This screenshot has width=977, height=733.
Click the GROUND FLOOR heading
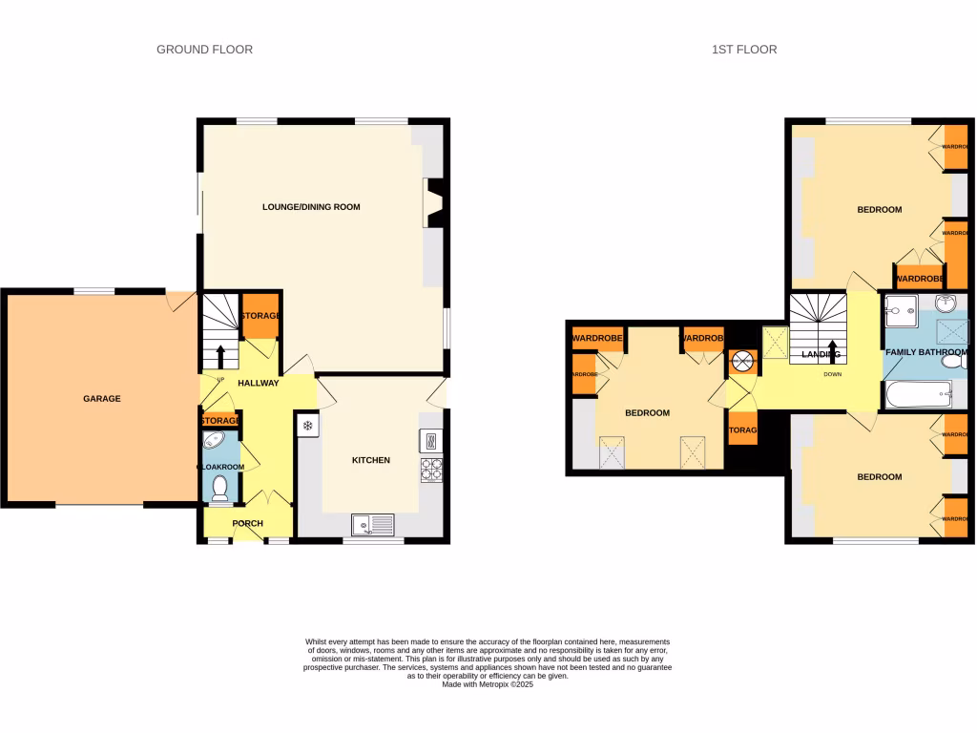(x=204, y=50)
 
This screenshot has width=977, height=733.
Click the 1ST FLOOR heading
(x=744, y=50)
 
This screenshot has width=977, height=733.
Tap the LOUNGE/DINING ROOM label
(x=311, y=207)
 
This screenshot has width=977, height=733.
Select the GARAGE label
(x=101, y=399)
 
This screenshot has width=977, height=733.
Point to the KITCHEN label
(x=371, y=460)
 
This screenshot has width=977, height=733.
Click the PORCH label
(x=248, y=523)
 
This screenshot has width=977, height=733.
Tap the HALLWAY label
(x=258, y=384)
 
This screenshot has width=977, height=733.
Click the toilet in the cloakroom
(x=220, y=488)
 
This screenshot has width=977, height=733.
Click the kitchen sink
(x=372, y=523)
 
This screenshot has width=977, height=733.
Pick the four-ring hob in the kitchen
(x=432, y=470)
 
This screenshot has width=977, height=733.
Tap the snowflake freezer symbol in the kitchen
(x=308, y=426)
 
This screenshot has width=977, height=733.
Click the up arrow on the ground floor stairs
(x=221, y=356)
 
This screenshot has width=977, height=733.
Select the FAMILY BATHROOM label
(x=925, y=352)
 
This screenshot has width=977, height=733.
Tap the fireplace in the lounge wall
(x=435, y=203)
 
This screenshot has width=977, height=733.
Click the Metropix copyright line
(x=488, y=683)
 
